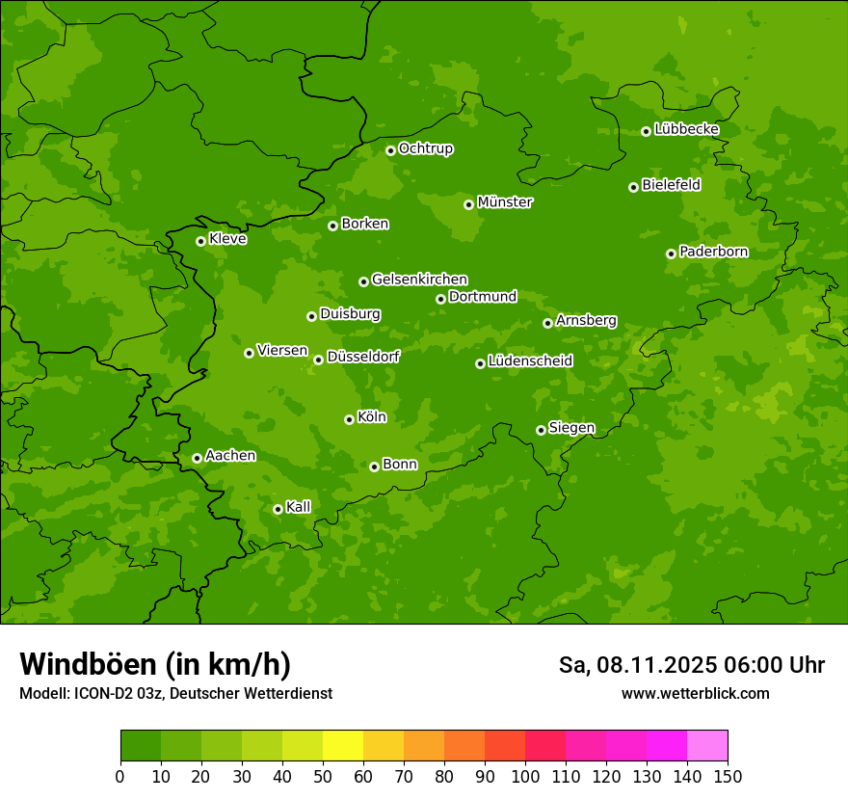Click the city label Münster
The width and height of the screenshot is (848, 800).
coord(505,202)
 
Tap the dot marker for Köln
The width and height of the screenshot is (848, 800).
coord(349,419)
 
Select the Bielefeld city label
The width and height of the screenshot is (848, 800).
coord(671,185)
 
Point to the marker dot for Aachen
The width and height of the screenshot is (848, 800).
coord(197,458)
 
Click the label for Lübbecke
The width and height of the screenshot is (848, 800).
coord(686,129)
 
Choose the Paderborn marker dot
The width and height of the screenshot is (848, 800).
coord(671,253)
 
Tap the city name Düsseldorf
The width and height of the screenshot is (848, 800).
coord(363,357)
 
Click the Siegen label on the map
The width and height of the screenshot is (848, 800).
coord(571,428)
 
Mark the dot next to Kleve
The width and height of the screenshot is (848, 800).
coord(200,241)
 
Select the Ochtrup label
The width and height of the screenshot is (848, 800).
coord(425,148)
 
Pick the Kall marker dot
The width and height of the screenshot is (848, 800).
coord(278,509)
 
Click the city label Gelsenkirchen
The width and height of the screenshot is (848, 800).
coord(419,280)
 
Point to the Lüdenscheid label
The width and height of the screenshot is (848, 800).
coord(530,361)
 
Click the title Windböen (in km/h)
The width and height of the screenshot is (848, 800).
coord(155,664)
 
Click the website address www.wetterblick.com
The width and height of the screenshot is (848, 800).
coord(695,693)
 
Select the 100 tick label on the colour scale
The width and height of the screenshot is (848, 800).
coord(525,776)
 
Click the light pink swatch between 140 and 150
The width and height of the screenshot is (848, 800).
coord(707,746)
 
